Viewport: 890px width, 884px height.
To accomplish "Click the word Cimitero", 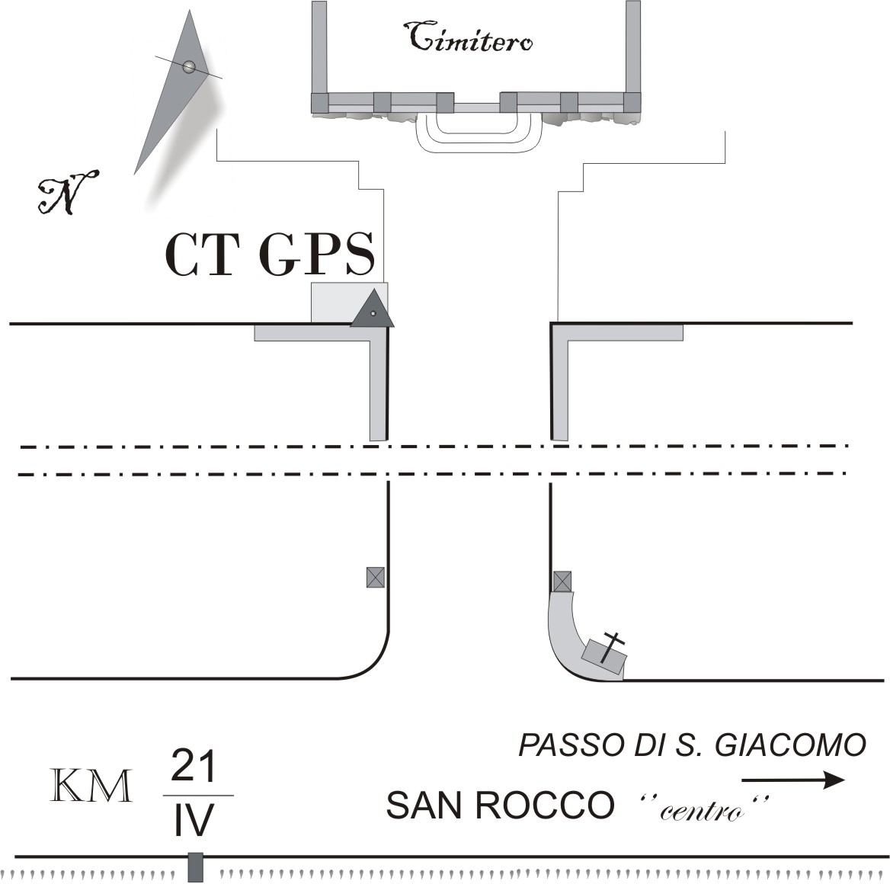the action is (x=470, y=37).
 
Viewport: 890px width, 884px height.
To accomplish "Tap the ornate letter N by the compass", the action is (x=67, y=192).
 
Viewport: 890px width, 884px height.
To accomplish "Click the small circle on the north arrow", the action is (x=189, y=67).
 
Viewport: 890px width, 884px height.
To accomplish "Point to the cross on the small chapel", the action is (x=611, y=647).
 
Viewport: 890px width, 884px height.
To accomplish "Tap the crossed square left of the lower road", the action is (x=375, y=578).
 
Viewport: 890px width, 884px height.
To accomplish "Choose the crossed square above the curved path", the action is (x=562, y=581).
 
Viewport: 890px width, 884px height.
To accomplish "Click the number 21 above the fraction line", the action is (x=194, y=766).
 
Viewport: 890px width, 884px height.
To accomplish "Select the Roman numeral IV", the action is (x=194, y=820).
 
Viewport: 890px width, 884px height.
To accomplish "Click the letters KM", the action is (x=91, y=786).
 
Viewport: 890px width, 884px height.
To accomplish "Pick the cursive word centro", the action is (x=702, y=812).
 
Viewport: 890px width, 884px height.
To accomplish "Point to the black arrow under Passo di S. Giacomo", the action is (x=793, y=780).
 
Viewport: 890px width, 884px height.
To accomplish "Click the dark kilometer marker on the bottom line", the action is (x=195, y=867).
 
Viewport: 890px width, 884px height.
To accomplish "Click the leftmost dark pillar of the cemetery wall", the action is (x=319, y=102).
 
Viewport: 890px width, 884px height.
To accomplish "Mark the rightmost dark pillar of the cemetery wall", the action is (x=632, y=102).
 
